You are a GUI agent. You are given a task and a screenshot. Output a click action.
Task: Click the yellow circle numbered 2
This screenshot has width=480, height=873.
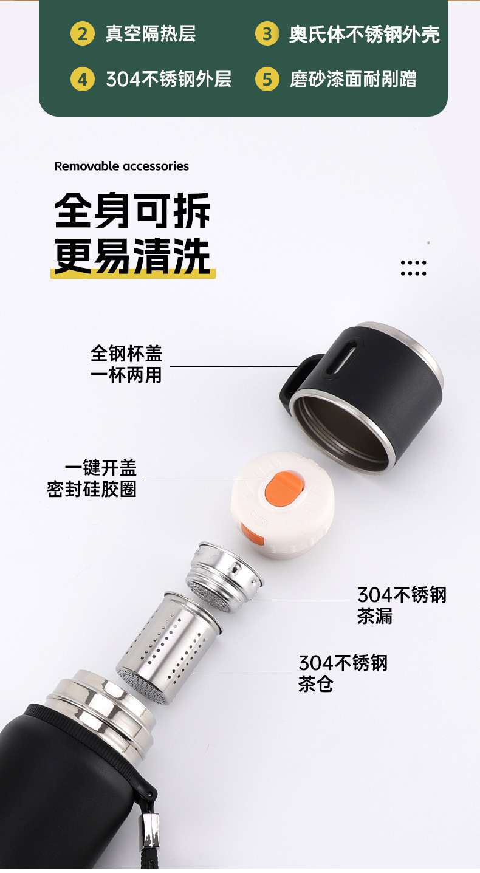tap(83, 33)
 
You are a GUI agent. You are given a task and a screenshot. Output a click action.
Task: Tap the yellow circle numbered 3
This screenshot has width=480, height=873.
tap(267, 33)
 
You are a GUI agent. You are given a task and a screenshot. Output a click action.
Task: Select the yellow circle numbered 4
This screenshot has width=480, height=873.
tap(83, 79)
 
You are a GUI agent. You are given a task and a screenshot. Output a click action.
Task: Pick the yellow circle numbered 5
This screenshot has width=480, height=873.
tap(267, 79)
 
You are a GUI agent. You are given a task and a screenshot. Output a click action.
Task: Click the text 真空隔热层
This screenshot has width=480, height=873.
tap(151, 33)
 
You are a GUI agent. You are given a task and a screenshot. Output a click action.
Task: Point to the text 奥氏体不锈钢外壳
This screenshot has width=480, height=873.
tap(364, 34)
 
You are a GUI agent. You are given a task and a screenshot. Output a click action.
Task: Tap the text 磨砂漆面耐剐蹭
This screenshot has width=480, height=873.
tap(353, 79)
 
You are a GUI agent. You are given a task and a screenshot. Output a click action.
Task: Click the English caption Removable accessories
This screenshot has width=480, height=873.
tap(122, 166)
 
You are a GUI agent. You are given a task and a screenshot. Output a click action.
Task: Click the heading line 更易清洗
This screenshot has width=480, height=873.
tap(132, 256)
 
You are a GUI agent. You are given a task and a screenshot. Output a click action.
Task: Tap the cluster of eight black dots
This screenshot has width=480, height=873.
tap(413, 268)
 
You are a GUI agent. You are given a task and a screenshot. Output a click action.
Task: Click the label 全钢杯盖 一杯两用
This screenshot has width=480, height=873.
tap(126, 364)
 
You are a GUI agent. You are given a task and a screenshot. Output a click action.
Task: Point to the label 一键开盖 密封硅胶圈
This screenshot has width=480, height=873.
tap(92, 478)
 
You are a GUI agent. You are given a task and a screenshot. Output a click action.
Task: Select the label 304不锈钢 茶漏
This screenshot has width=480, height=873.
tap(402, 605)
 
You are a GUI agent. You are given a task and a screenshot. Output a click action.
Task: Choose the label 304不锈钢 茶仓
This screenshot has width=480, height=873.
tap(343, 673)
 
